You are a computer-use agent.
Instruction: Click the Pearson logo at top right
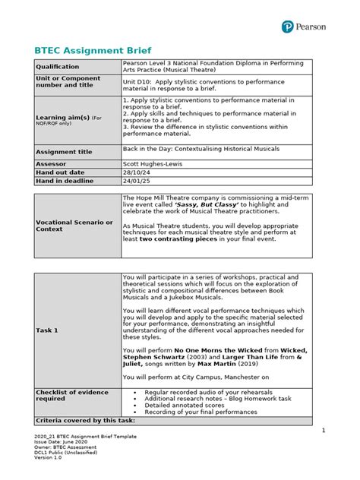(x=305, y=26)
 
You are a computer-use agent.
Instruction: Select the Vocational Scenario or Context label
(x=74, y=226)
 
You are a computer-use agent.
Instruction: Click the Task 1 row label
(x=51, y=330)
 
